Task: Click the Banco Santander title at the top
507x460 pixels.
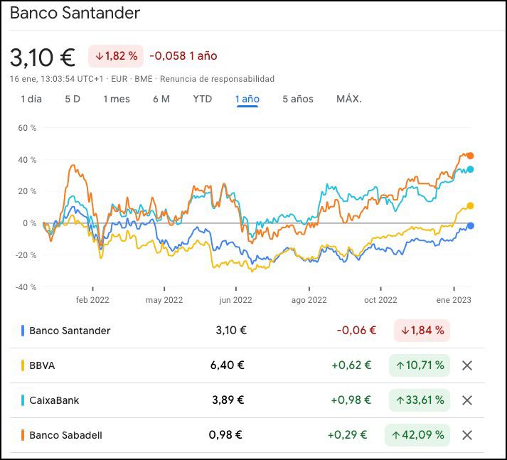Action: tap(75, 13)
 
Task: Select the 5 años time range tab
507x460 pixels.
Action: tap(297, 99)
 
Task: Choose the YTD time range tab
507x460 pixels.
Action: tap(203, 99)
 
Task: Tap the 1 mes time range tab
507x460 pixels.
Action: tap(117, 99)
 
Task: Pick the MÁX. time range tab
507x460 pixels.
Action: tap(349, 99)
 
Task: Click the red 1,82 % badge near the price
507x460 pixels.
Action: tap(116, 55)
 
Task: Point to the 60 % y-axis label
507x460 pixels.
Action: tap(27, 128)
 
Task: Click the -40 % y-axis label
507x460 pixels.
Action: tap(26, 287)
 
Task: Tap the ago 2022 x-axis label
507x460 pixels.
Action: tap(309, 300)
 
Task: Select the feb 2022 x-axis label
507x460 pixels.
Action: tap(92, 300)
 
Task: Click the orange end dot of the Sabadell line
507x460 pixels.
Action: tap(470, 156)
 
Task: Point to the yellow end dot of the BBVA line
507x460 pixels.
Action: tap(470, 206)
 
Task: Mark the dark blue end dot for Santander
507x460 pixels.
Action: tap(470, 226)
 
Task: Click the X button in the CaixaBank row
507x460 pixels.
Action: tap(467, 400)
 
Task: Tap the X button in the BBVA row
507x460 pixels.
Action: tap(467, 365)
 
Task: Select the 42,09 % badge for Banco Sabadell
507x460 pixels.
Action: tap(419, 434)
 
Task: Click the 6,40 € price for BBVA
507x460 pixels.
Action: tap(228, 365)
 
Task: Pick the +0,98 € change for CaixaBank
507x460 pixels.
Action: tap(351, 400)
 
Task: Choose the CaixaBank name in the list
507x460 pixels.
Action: tap(54, 400)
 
